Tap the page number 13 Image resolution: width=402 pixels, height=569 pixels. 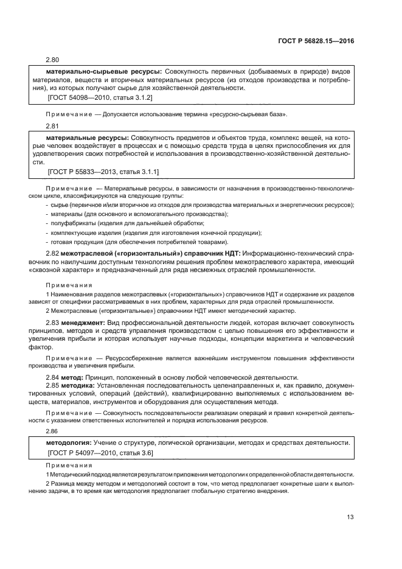point(350,517)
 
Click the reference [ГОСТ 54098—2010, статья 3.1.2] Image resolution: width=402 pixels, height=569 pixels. point(100,97)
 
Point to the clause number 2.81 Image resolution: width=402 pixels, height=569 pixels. point(54,126)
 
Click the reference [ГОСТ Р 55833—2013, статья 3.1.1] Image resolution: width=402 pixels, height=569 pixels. point(103,172)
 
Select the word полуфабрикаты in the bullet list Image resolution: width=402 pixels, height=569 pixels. point(71,223)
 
